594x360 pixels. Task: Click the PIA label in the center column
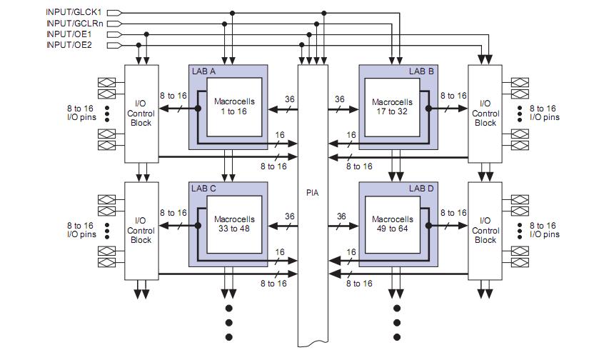tap(312, 193)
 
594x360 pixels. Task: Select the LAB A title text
tap(203, 71)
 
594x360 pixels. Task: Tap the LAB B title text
tap(421, 71)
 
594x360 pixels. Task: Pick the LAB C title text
tap(203, 189)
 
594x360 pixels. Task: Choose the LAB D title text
tap(421, 189)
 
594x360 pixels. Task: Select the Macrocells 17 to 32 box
tap(393, 106)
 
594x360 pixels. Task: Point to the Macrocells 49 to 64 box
tap(393, 224)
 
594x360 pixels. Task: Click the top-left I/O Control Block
tap(141, 113)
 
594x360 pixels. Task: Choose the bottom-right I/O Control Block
tap(485, 230)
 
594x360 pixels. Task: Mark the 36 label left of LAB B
tap(341, 99)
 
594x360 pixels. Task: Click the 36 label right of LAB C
tap(290, 216)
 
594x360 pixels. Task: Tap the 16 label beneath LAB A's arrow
tap(280, 134)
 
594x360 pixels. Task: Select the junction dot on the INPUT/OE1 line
tap(146, 34)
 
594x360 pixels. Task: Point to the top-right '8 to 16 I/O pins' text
tap(544, 113)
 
